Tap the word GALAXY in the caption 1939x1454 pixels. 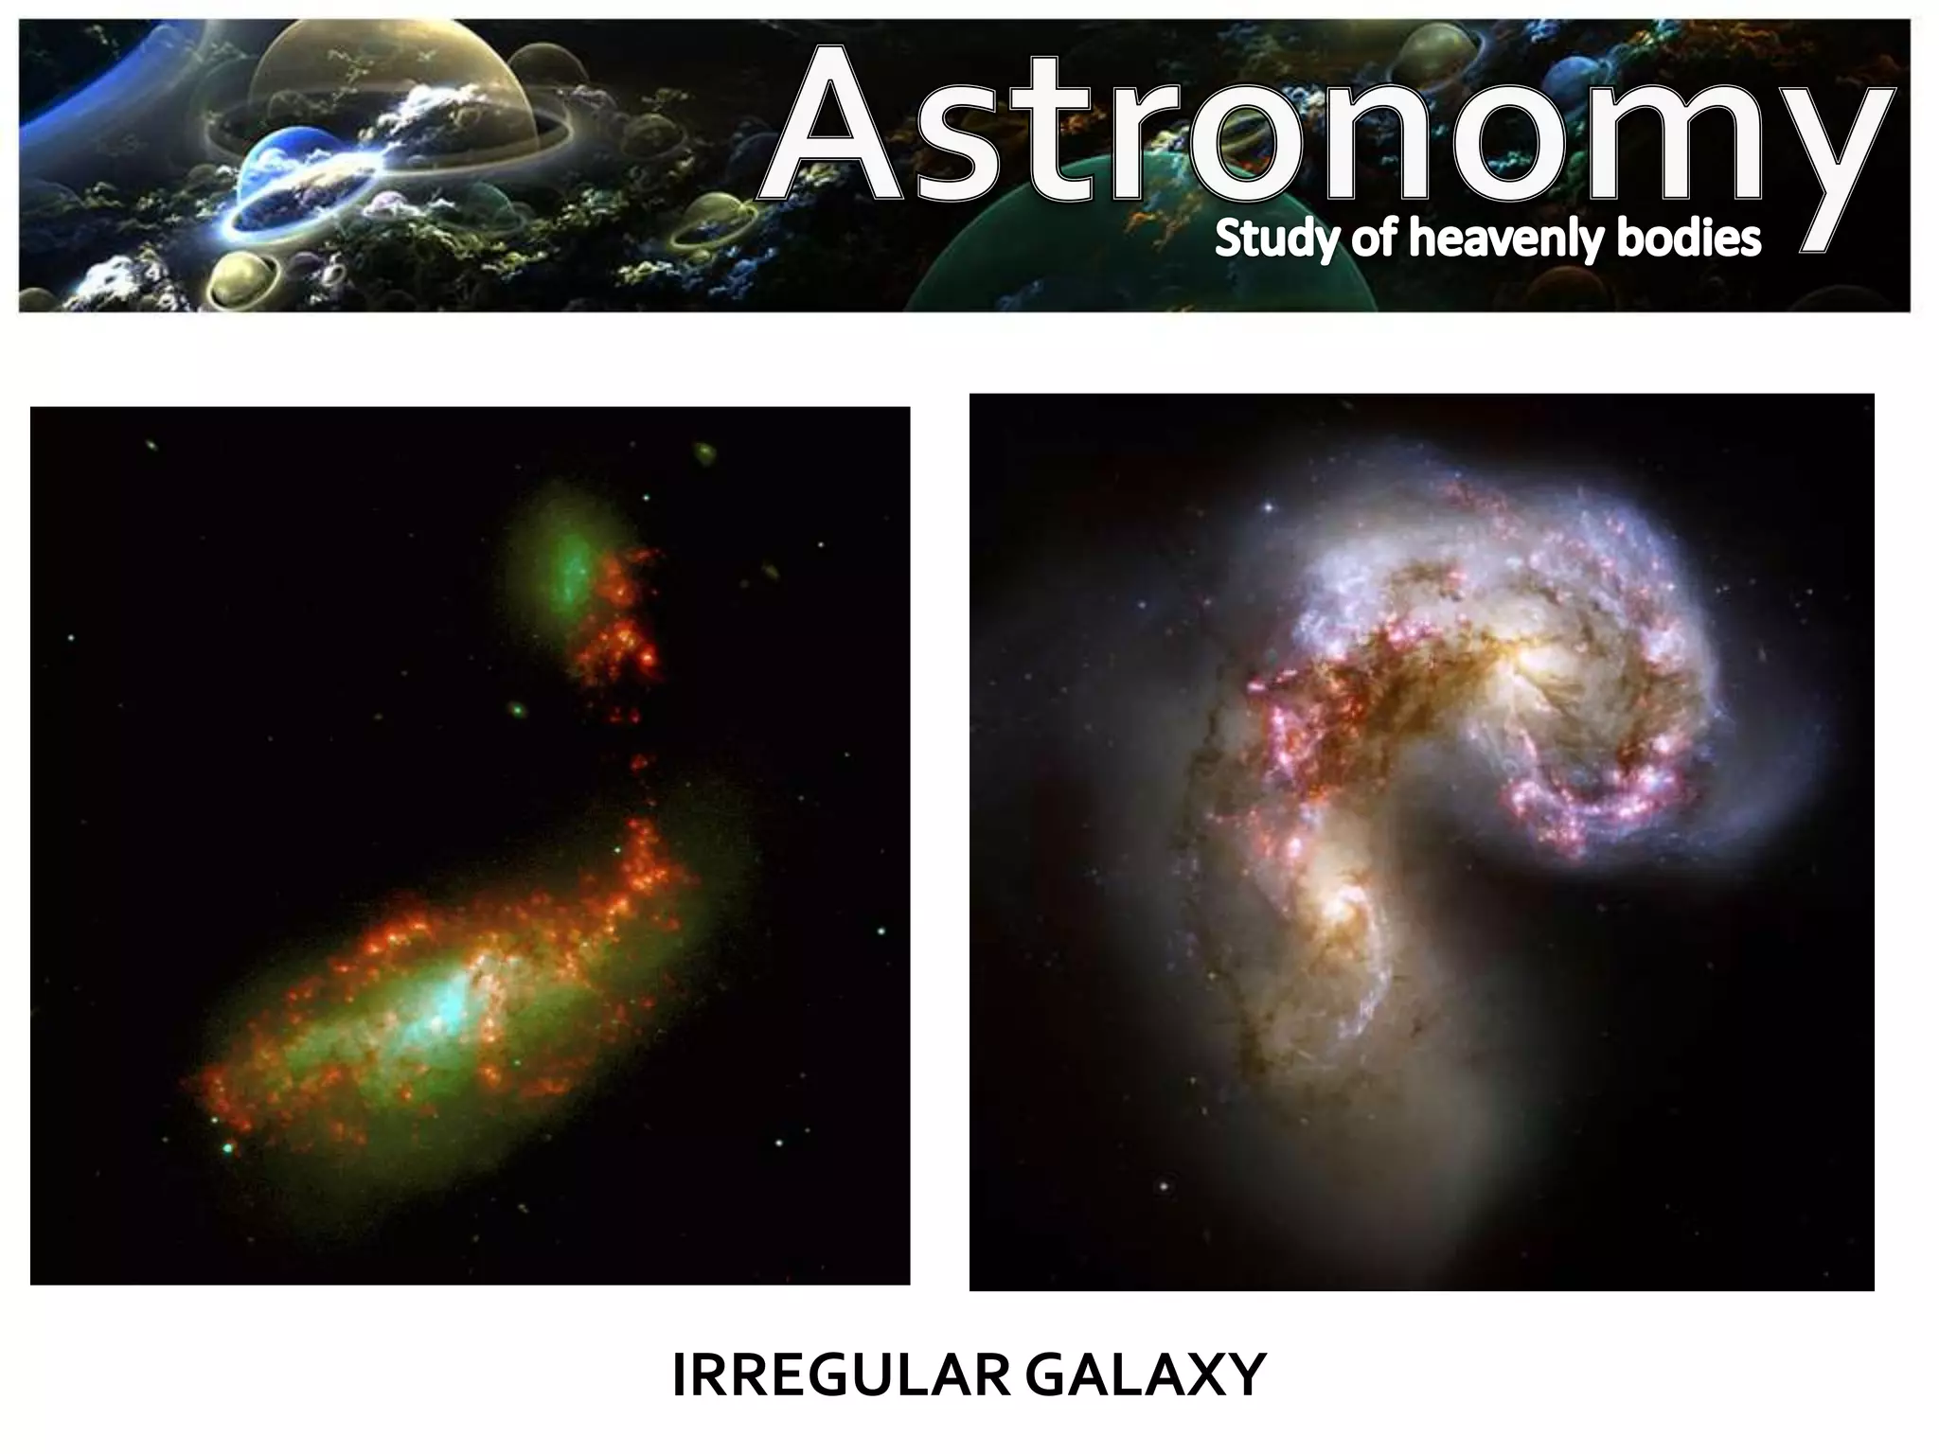[x=1146, y=1375]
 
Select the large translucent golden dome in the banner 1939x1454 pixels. [x=388, y=85]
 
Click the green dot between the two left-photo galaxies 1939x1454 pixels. [x=517, y=708]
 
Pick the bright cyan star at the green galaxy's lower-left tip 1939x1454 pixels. [x=227, y=1148]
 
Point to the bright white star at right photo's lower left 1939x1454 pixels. [x=1163, y=1184]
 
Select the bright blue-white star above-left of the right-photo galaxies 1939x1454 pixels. [x=1268, y=508]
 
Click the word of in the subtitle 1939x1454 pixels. [x=1371, y=239]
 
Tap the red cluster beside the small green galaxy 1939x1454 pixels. [x=620, y=625]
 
